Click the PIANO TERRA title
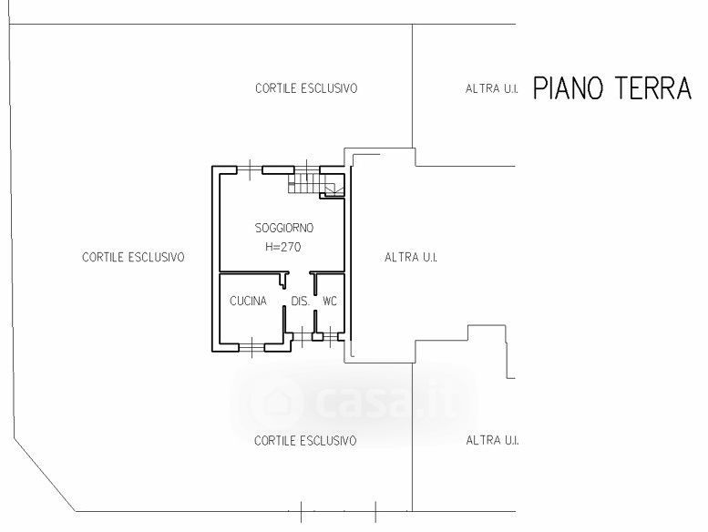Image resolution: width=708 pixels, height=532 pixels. (x=612, y=88)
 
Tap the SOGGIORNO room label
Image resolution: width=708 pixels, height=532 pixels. (x=284, y=228)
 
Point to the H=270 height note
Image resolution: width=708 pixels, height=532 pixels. (x=283, y=247)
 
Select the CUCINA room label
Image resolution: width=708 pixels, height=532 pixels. (x=248, y=301)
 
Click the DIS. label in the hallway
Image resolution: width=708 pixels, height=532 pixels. (x=301, y=301)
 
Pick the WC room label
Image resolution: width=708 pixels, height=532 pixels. (x=330, y=301)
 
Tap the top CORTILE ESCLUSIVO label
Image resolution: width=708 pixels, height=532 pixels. (x=306, y=88)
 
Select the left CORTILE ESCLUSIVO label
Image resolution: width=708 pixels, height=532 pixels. (x=133, y=257)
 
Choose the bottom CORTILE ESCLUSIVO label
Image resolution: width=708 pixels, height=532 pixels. (x=305, y=440)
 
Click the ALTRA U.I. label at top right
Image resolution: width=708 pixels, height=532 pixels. (x=491, y=88)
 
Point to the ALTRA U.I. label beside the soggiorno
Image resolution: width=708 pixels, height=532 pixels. (x=411, y=257)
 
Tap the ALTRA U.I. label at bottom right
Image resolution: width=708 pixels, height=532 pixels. (x=492, y=440)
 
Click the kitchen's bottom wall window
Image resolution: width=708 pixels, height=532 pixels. (x=251, y=347)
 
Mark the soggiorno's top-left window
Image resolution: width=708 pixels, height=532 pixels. (x=250, y=170)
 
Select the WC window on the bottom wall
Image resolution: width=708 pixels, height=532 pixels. (x=331, y=336)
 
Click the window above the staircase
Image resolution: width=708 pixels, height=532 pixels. (x=307, y=170)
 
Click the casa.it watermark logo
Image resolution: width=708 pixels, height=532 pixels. (x=354, y=402)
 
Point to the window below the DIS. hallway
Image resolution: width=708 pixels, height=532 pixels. (x=303, y=337)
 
